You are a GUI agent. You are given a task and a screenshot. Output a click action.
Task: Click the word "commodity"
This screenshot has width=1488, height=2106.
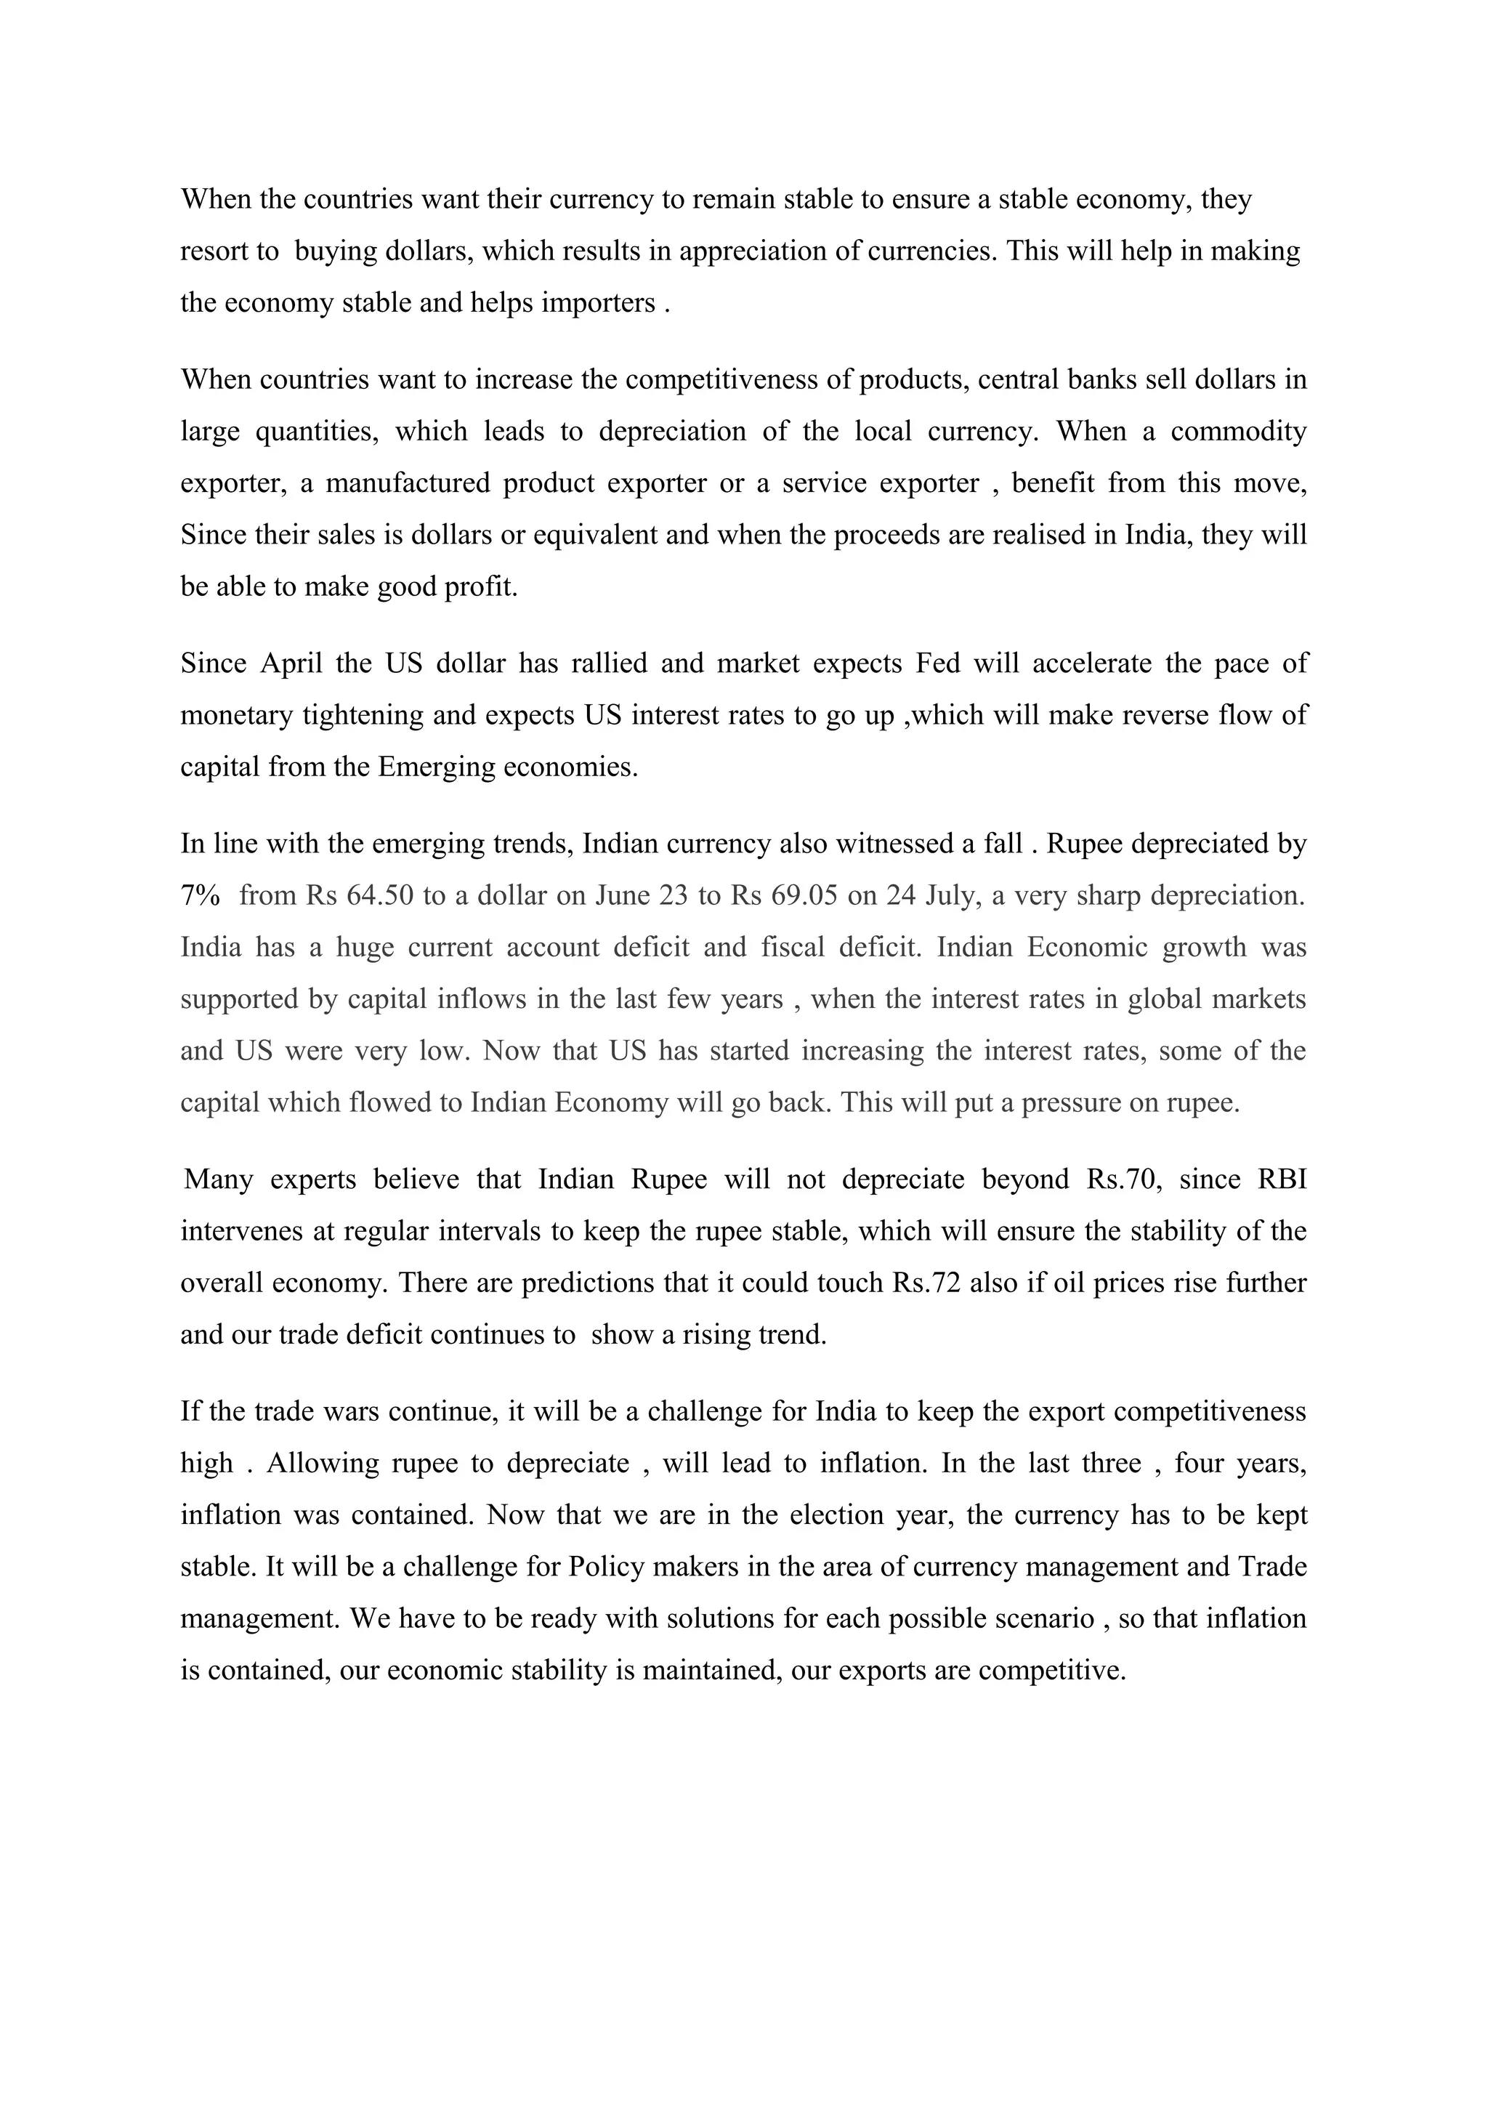[1239, 431]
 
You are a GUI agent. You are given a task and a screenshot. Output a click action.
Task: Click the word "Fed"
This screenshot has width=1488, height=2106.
[937, 663]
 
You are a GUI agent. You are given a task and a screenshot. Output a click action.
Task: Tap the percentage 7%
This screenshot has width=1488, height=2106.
[200, 896]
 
